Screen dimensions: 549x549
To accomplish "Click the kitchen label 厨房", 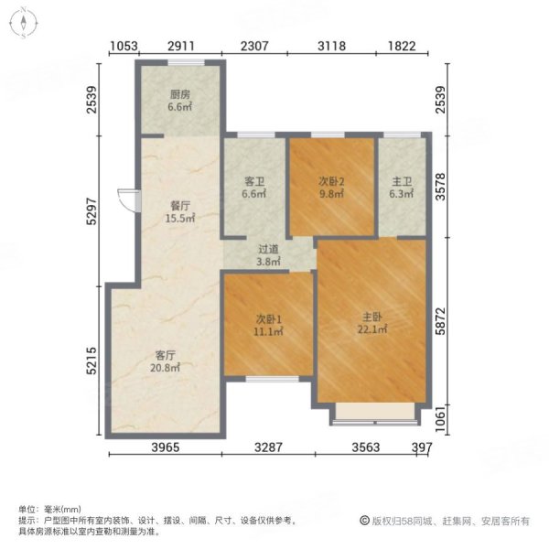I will (179, 93).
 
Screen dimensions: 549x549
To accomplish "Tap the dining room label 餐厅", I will (179, 206).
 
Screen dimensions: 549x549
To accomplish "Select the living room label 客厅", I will (166, 355).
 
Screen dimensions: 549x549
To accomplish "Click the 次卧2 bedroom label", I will (330, 180).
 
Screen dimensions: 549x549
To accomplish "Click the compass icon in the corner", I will (23, 23).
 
